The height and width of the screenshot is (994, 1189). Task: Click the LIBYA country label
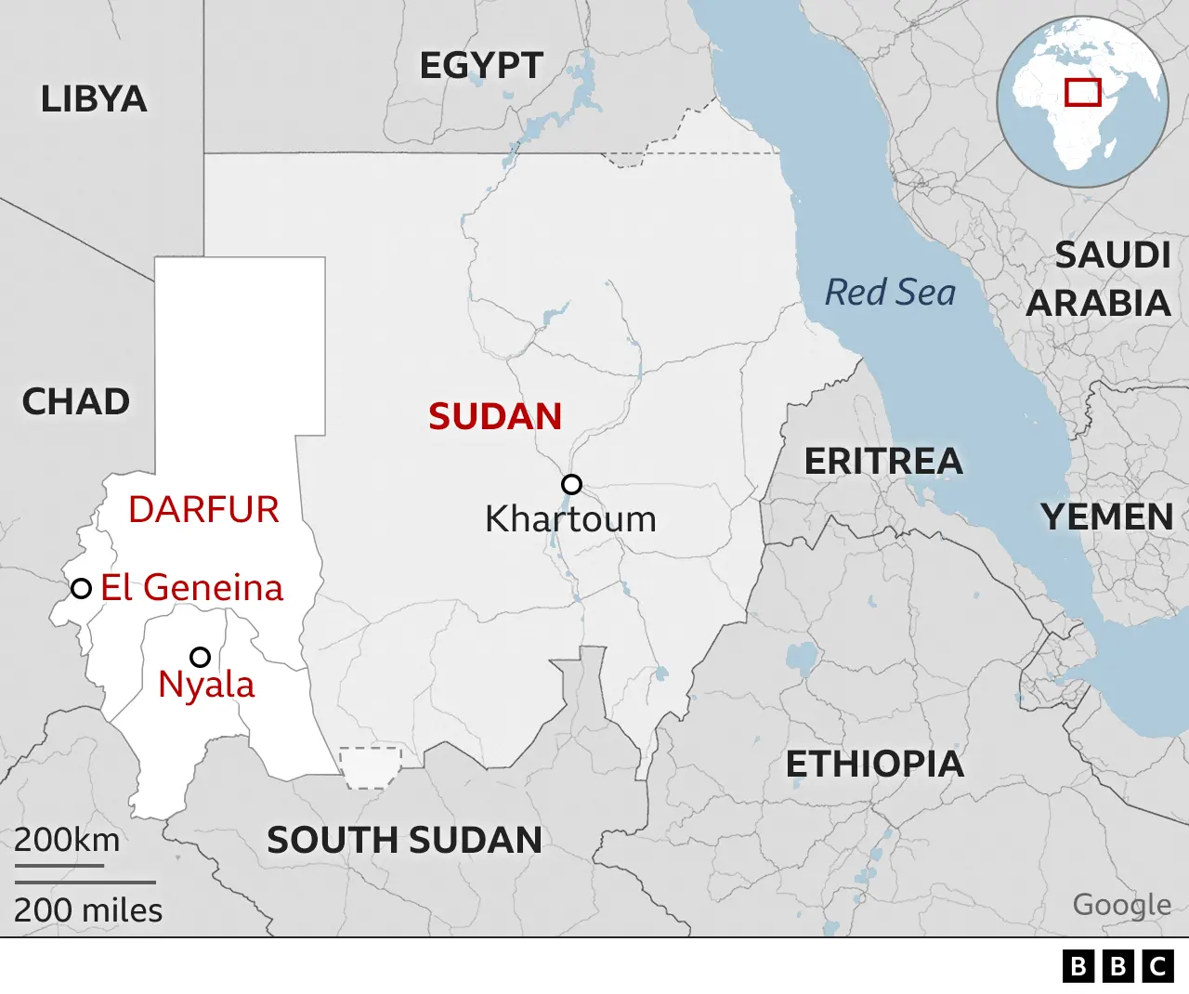(x=94, y=99)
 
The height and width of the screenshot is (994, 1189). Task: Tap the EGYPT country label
(x=481, y=66)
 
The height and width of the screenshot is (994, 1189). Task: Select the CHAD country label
(x=76, y=402)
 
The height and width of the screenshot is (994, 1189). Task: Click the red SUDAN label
(x=495, y=417)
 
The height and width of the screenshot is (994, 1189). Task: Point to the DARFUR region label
(x=203, y=509)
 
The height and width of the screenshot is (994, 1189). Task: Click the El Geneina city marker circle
(x=82, y=588)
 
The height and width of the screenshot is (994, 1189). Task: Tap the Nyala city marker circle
(x=200, y=658)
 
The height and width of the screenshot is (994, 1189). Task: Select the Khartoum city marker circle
(x=572, y=484)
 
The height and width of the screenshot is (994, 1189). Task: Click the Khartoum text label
(x=570, y=519)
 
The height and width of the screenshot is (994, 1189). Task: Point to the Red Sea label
(x=890, y=293)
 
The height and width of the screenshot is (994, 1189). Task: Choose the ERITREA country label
(x=883, y=462)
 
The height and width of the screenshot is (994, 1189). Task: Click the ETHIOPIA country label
(x=875, y=765)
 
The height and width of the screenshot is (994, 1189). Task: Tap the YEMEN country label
(x=1107, y=517)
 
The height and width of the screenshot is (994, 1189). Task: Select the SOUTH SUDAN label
(x=404, y=841)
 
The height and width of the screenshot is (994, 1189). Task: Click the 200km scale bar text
(x=67, y=840)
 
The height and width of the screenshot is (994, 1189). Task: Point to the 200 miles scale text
(x=88, y=910)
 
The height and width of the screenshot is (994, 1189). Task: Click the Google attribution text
(x=1122, y=904)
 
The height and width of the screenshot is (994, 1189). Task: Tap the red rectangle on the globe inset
(x=1083, y=92)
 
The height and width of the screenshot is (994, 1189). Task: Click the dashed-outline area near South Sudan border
(x=371, y=767)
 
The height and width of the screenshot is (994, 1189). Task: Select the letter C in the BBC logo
(x=1157, y=966)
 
